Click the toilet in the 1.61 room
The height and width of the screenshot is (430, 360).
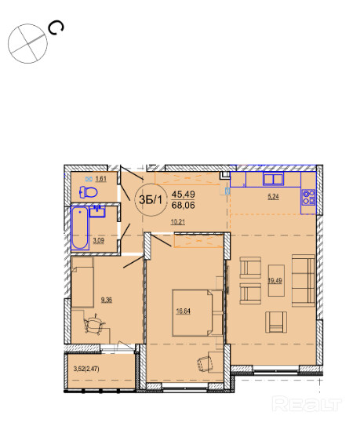pyautogui.click(x=88, y=192)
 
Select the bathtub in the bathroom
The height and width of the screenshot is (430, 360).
pyautogui.click(x=80, y=228)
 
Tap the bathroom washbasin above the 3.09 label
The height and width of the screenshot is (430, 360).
pyautogui.click(x=97, y=212)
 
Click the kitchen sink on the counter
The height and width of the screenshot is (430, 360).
pyautogui.click(x=274, y=179)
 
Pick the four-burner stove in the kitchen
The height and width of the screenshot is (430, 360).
pyautogui.click(x=309, y=198)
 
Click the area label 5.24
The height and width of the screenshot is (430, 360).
pyautogui.click(x=274, y=196)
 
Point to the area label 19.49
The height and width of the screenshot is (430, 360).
pyautogui.click(x=275, y=281)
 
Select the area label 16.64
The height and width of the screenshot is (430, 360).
pyautogui.click(x=184, y=312)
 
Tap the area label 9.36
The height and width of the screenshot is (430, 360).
pyautogui.click(x=107, y=300)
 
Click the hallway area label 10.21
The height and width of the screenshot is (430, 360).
pyautogui.click(x=178, y=222)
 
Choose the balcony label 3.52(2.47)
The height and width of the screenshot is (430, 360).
pyautogui.click(x=86, y=369)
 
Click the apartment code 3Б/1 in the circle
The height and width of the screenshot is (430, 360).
pyautogui.click(x=151, y=200)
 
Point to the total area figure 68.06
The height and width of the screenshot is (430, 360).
pyautogui.click(x=184, y=205)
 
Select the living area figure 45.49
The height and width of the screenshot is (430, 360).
pyautogui.click(x=184, y=195)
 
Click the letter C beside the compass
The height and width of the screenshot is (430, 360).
pyautogui.click(x=56, y=28)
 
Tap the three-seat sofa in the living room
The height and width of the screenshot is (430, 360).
pyautogui.click(x=304, y=281)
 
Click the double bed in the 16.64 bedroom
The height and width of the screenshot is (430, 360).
pyautogui.click(x=193, y=313)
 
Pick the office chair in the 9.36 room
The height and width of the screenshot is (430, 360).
pyautogui.click(x=94, y=325)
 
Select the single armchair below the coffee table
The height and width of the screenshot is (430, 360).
pyautogui.click(x=276, y=322)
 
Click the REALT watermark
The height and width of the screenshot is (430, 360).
pyautogui.click(x=307, y=404)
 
